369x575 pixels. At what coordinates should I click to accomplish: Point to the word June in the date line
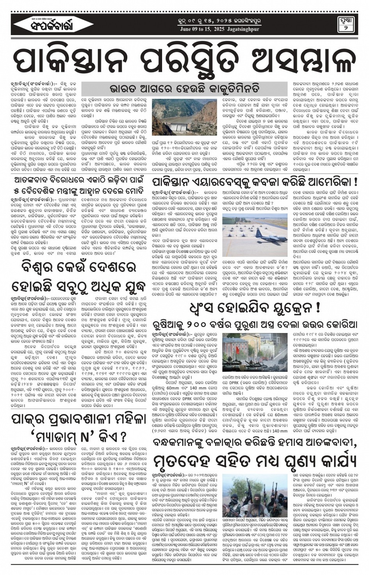click(187, 29)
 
